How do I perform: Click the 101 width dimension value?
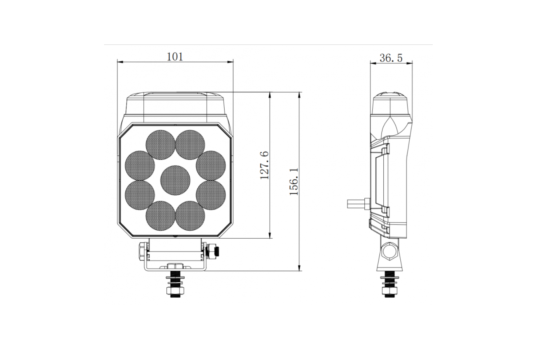pos(175,57)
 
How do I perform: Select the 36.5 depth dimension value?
pos(391,58)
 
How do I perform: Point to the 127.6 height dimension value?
pos(264,165)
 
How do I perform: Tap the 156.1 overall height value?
pos(294,181)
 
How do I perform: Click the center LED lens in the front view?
pos(175,180)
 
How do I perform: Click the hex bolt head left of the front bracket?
pos(142,252)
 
